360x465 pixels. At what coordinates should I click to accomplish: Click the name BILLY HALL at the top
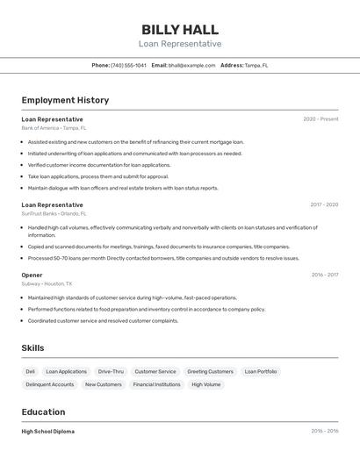pos(180,29)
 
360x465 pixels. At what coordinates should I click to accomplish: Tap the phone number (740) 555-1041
pos(130,65)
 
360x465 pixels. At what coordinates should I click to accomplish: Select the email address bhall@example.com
pos(191,65)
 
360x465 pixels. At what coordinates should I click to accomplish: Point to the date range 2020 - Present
pos(320,119)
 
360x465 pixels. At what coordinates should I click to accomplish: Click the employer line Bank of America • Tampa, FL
pos(54,128)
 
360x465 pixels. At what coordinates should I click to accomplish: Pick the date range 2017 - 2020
pos(324,204)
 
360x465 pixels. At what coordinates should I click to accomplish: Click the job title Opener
pos(32,275)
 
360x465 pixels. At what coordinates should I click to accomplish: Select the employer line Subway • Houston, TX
pos(47,283)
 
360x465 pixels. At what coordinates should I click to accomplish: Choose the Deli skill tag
pos(31,371)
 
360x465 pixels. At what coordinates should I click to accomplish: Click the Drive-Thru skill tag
pos(111,371)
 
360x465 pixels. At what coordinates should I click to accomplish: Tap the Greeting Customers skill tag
pos(210,371)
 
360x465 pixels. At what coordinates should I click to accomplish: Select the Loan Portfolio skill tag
pos(261,371)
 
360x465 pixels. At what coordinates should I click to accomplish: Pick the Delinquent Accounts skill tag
pos(50,384)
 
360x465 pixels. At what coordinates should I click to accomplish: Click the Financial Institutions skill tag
pos(156,384)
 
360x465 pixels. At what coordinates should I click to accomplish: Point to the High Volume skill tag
pos(206,384)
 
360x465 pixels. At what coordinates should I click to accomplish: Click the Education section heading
pos(44,411)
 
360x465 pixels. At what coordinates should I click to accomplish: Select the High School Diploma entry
pos(48,432)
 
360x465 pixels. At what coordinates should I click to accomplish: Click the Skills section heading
pos(32,348)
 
